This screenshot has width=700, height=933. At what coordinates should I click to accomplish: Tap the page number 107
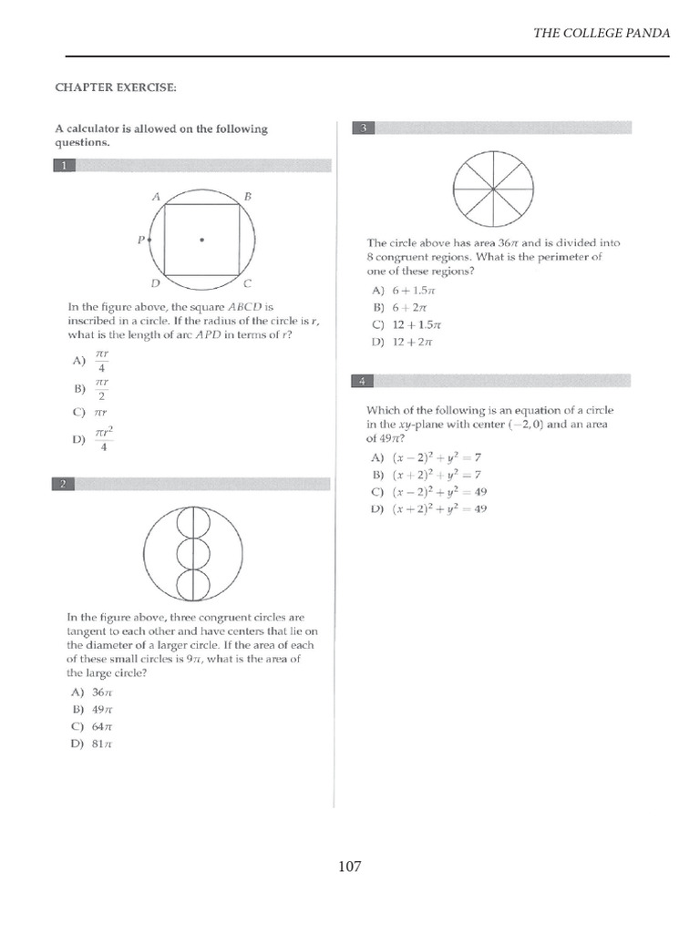click(x=349, y=866)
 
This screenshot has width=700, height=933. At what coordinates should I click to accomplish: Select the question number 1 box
click(x=66, y=166)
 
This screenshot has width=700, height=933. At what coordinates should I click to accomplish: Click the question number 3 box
click(x=363, y=128)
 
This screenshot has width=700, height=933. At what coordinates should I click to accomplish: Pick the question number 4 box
click(x=363, y=380)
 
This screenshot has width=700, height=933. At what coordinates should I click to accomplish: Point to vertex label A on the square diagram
click(x=156, y=196)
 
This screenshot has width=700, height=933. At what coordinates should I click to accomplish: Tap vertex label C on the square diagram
click(x=248, y=283)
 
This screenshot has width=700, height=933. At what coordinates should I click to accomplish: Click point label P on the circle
click(x=141, y=241)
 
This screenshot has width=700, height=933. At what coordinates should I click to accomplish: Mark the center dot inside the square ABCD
click(x=202, y=241)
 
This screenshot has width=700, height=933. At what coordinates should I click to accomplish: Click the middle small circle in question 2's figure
click(x=192, y=553)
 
